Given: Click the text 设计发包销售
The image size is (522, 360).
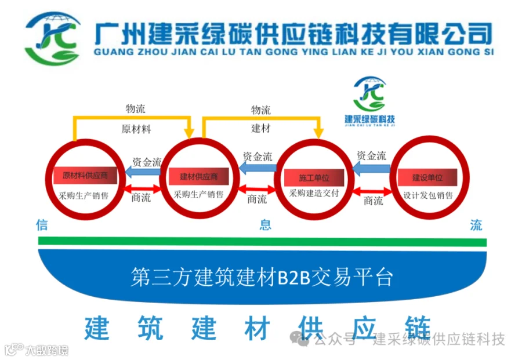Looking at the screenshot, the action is pos(428,195).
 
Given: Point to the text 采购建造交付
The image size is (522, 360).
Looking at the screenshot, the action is pos(314,193).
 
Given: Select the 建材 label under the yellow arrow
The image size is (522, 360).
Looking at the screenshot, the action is pos(260,128).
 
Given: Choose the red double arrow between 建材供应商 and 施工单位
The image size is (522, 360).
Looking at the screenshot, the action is pos(257,188).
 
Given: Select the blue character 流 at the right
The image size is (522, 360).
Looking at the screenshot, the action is pos(476,225).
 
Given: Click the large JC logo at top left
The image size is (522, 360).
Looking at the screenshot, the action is pos(53,38).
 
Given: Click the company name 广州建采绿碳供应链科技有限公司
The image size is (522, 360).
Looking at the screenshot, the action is pos(293,33).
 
